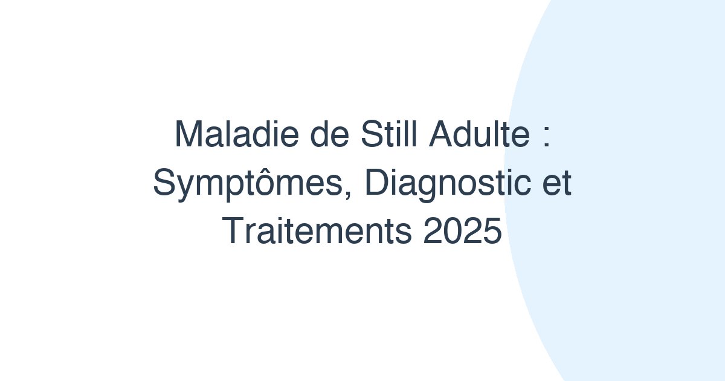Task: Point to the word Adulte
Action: pos(478,134)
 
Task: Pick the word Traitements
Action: pos(315,232)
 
